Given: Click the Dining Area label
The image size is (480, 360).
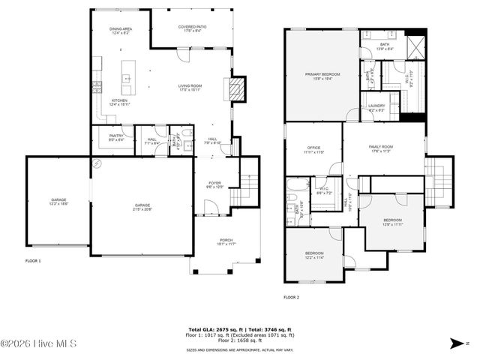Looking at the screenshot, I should coord(121,30).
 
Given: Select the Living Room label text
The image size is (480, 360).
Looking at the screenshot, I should coord(190,88).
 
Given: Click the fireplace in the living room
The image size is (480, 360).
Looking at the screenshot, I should coord(236,89).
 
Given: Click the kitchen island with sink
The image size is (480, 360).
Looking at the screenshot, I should coord(127,78).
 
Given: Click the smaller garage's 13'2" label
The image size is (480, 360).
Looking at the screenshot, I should coord(58,202).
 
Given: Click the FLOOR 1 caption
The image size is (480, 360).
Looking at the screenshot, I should coord(34,260).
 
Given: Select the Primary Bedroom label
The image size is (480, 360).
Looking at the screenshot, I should coord(319,75).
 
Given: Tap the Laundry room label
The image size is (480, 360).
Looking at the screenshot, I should coord(376,107).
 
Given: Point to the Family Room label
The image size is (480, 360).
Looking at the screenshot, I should coord(381,148).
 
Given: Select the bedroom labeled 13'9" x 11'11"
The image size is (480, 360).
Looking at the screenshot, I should coord(393,223).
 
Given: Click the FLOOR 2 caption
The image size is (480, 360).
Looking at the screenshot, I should coord(291,298).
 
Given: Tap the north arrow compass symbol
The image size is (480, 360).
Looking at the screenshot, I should coord(459,343).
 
